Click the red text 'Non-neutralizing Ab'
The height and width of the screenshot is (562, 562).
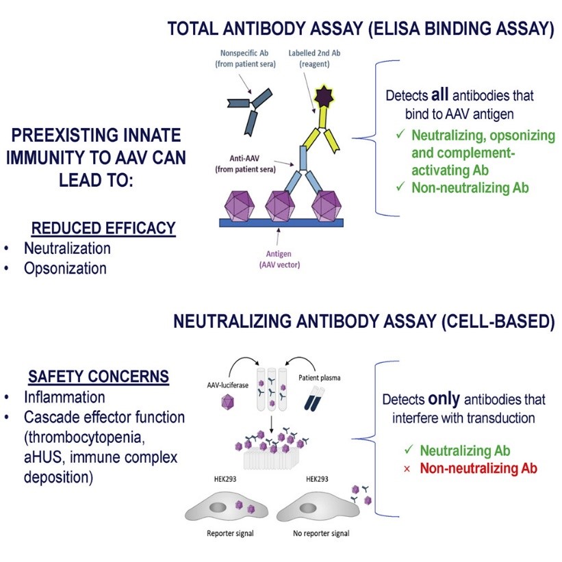[478, 469]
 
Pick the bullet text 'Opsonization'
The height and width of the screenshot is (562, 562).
[65, 268]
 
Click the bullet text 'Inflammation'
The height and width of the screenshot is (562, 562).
[64, 397]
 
